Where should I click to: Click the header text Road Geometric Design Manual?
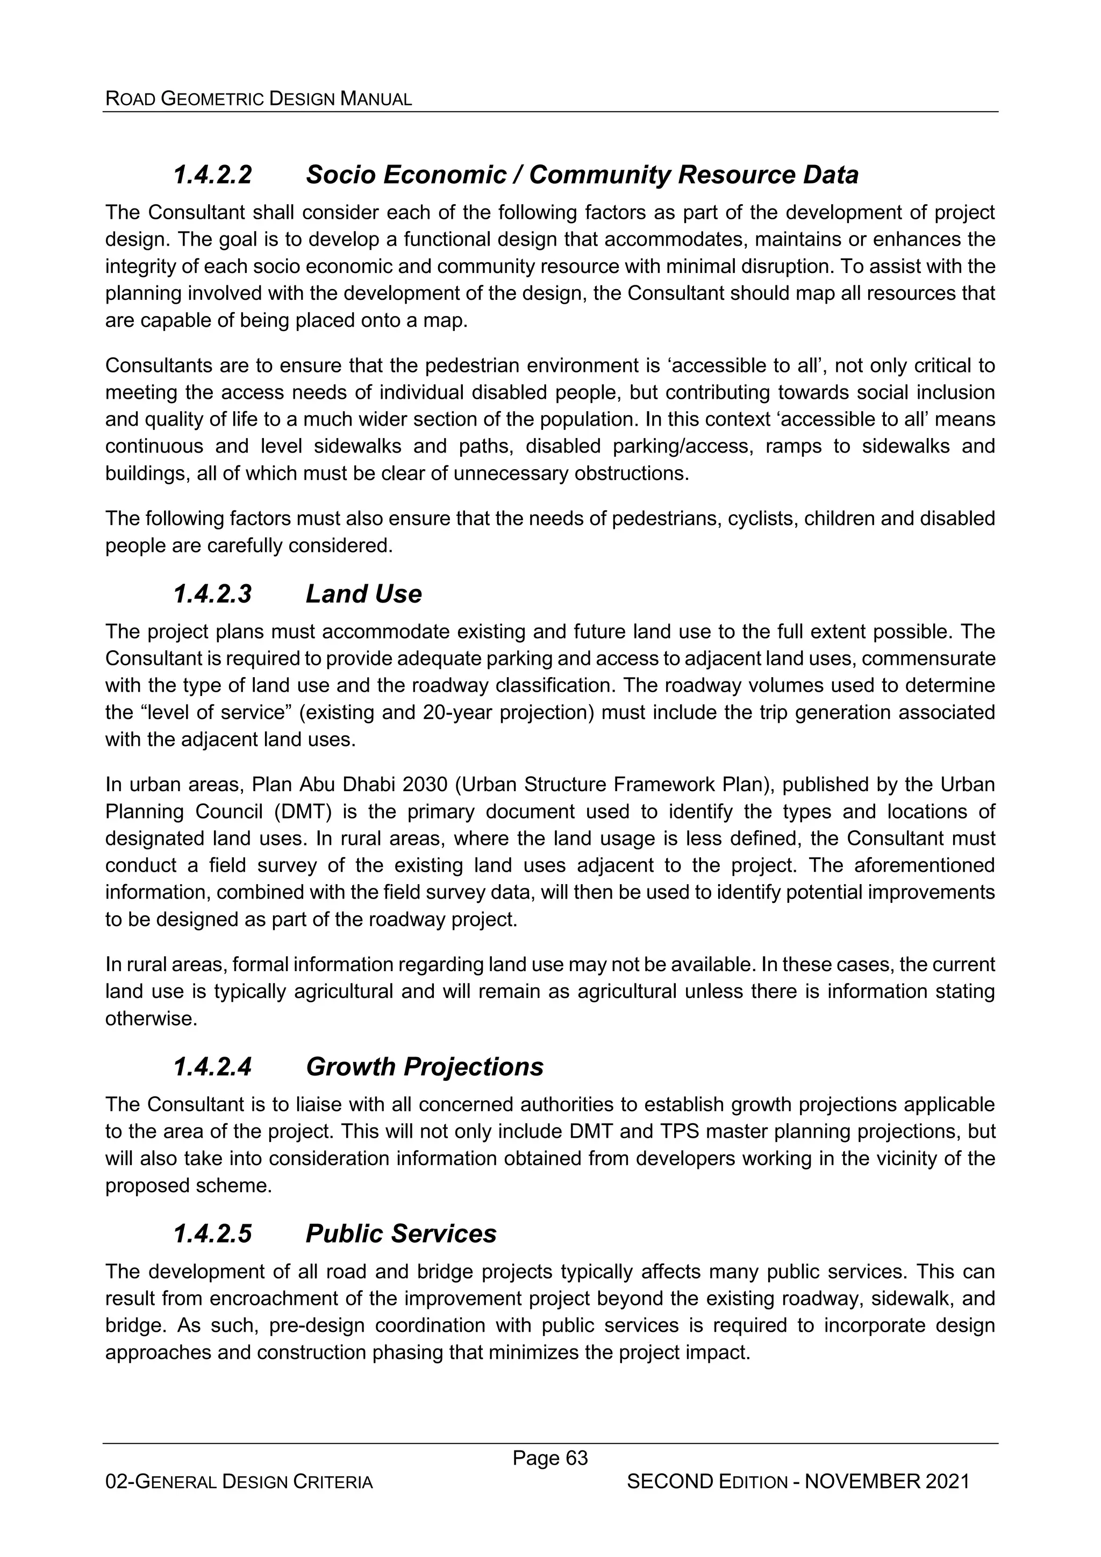(259, 99)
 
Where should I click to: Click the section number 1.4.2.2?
(212, 175)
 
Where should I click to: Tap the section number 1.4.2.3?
(212, 594)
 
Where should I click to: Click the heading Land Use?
(363, 594)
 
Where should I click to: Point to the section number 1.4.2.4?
(212, 1067)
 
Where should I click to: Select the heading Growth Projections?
(424, 1067)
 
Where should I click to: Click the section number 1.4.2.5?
(212, 1233)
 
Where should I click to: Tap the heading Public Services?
(401, 1233)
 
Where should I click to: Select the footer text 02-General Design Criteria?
(239, 1482)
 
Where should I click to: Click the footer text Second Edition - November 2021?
(798, 1482)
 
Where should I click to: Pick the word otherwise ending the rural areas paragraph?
(151, 1019)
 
